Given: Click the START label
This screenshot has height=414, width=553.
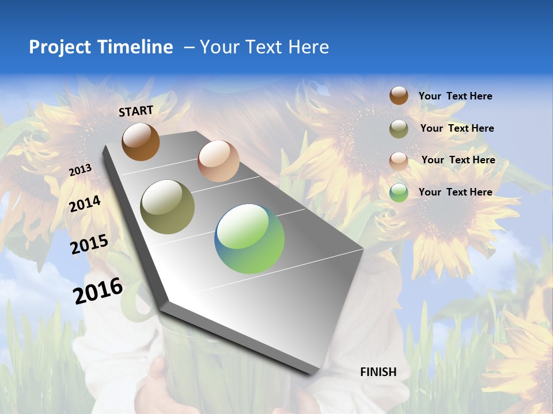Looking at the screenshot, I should tap(136, 111).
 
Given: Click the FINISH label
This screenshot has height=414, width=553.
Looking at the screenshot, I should tap(378, 372).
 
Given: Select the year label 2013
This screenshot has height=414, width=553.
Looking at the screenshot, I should tap(81, 170).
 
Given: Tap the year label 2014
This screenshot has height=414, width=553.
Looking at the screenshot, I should tap(85, 204).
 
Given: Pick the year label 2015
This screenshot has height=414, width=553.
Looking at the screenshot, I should tap(89, 244).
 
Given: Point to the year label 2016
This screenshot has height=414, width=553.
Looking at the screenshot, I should tap(98, 291).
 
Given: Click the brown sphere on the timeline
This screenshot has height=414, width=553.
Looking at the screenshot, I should tap(141, 141).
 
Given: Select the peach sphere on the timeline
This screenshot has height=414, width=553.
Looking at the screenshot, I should tap(218, 161).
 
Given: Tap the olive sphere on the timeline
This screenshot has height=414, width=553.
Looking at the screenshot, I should tap(168, 207).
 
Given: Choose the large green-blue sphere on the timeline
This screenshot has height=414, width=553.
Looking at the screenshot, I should tap(249, 239).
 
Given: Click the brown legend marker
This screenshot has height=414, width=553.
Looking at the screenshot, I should tap(399, 96).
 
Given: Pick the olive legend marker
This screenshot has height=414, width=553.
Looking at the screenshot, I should tap(399, 129).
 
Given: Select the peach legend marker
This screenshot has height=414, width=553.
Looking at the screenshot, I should tap(399, 160).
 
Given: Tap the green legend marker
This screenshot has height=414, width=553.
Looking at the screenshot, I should tap(399, 193).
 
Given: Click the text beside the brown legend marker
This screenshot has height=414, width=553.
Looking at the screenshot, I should tap(455, 97).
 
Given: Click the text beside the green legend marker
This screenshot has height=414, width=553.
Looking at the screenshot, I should tap(455, 192).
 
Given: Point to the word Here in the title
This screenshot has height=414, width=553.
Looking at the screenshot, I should tap(308, 47).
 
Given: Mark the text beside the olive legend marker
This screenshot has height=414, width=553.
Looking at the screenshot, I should tap(457, 128).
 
